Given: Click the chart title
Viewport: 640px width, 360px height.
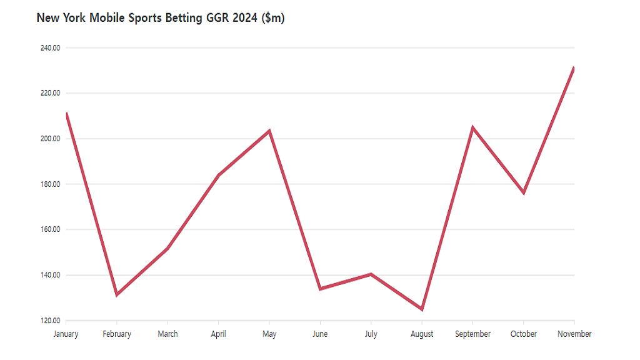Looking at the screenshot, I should point(161,18).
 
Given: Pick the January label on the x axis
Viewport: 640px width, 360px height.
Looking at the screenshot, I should point(66,334).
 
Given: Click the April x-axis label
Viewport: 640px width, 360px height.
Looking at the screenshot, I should point(218,334).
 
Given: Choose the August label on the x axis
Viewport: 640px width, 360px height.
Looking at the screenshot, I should point(422,334).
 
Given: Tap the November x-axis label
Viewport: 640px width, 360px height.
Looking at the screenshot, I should point(574,334).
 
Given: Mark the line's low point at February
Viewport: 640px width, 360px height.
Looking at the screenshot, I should point(117,295).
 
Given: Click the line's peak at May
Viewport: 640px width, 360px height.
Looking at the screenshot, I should point(269,131).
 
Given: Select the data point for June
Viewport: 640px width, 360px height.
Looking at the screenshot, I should point(320,289).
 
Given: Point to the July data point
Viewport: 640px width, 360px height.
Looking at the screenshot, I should point(371,274).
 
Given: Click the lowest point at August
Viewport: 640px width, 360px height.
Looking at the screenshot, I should point(422,309).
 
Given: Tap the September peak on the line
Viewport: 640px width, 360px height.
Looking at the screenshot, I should point(472,127).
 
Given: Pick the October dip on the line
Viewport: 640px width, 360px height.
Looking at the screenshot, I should point(524,193).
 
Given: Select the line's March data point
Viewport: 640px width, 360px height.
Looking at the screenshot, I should point(167,249).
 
